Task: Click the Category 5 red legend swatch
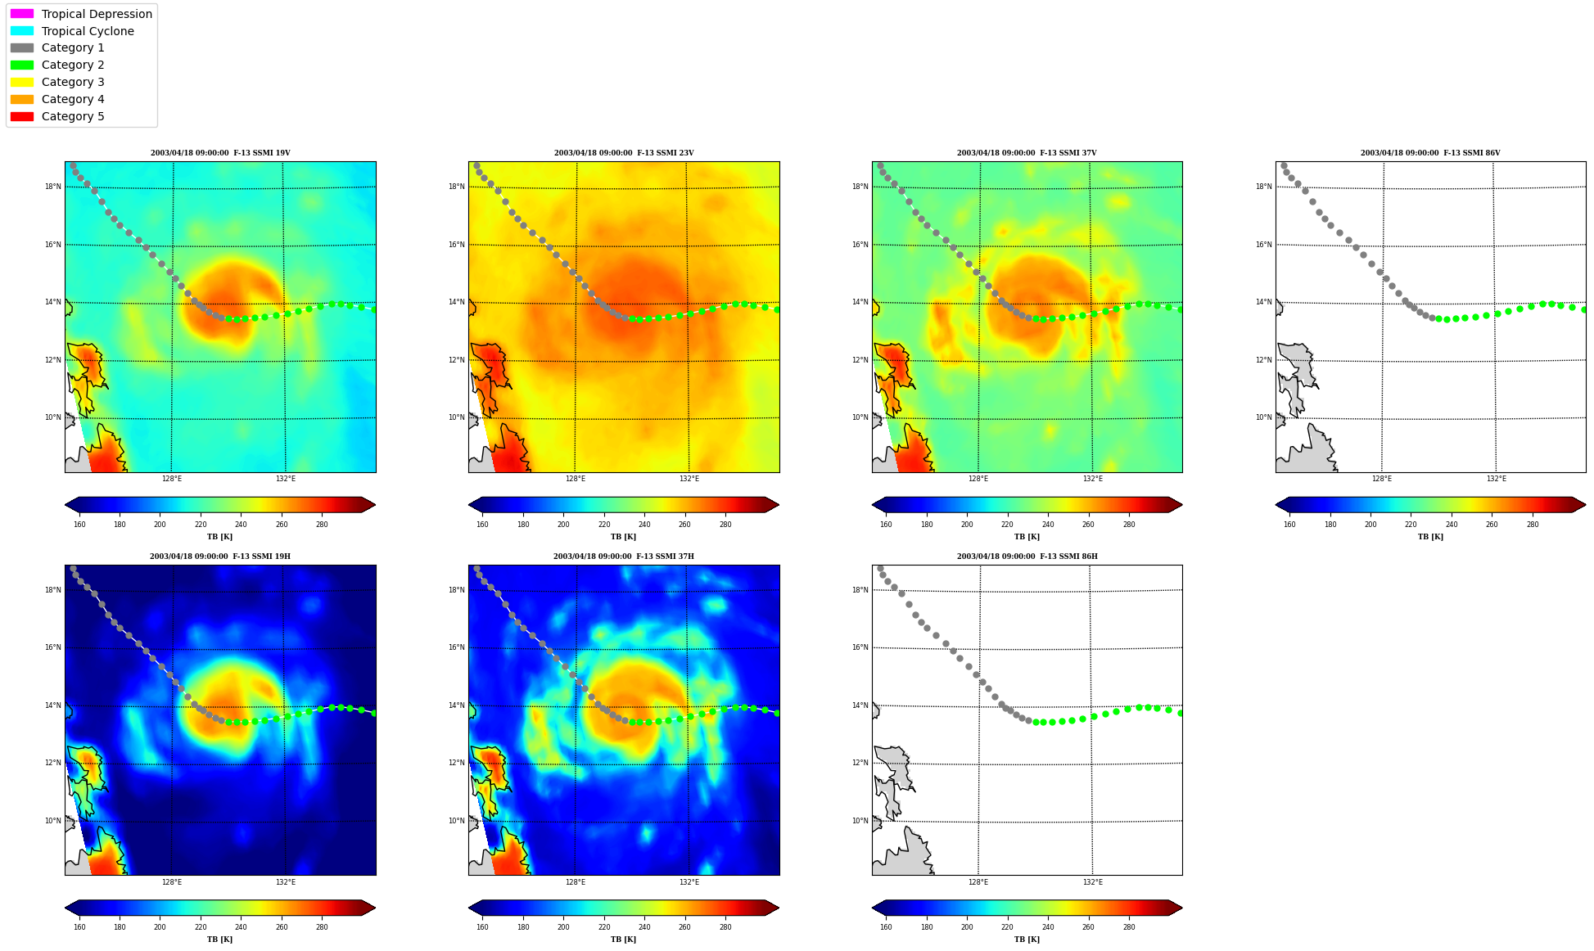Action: tap(22, 116)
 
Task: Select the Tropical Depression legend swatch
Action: tap(22, 14)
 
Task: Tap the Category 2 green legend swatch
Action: tap(22, 65)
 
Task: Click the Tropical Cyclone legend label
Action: tap(88, 31)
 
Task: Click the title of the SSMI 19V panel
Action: tap(220, 153)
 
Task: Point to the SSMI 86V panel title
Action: tap(1430, 153)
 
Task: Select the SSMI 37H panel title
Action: tap(624, 557)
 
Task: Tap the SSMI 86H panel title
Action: tap(1027, 557)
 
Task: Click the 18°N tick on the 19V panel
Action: tap(52, 187)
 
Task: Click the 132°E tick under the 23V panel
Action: tap(689, 479)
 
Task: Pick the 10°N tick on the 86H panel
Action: tap(860, 821)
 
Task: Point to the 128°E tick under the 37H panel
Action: tap(576, 882)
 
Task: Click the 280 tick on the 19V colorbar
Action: tap(322, 525)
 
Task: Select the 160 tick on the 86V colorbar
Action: tap(1289, 525)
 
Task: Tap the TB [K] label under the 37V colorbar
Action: tap(1027, 537)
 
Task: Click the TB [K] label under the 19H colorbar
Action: tap(219, 940)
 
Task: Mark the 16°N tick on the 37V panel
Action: tap(860, 245)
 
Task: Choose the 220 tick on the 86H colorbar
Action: tap(1007, 927)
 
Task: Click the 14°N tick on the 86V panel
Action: tap(1263, 302)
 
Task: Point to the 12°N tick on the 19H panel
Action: tap(52, 763)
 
